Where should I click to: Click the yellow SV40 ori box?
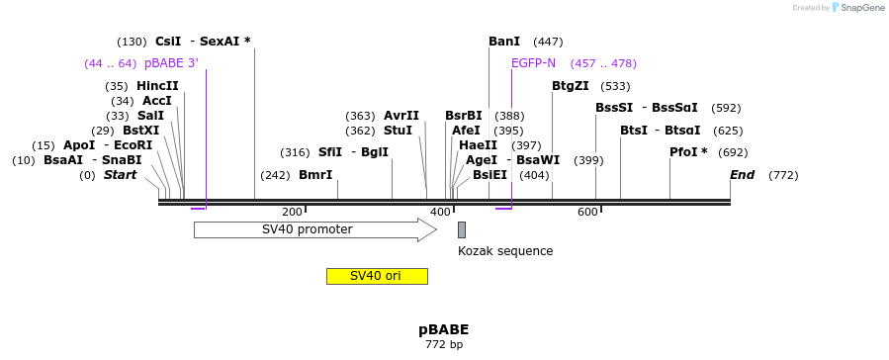(x=377, y=276)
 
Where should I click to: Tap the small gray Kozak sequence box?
(x=461, y=229)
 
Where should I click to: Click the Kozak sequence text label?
(x=504, y=251)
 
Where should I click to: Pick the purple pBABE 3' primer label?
(x=171, y=63)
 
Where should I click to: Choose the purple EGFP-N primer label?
(x=533, y=63)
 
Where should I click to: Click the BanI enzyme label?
(x=504, y=42)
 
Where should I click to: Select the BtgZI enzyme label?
(x=570, y=86)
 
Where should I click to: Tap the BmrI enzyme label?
(x=315, y=175)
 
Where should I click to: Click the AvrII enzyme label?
(x=401, y=116)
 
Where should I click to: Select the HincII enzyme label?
(x=157, y=86)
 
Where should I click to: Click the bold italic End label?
(x=742, y=175)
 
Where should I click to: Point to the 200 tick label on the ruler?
(x=292, y=212)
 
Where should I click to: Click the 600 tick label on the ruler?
(x=587, y=212)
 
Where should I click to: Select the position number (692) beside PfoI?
(x=733, y=152)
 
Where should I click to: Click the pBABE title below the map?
(x=443, y=329)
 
